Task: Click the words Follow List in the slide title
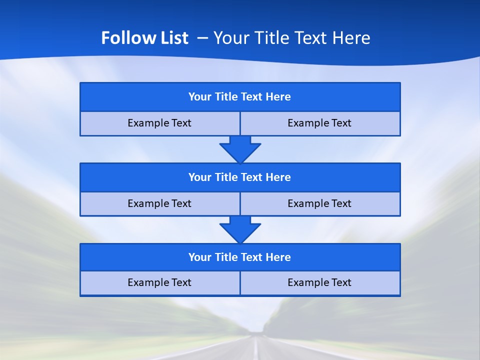tap(144, 38)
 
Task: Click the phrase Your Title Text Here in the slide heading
tap(291, 38)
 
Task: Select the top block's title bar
tap(240, 97)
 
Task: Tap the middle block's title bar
tap(240, 177)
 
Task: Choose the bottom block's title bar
tap(240, 257)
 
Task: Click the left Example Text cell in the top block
tap(159, 123)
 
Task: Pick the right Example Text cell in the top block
tap(320, 123)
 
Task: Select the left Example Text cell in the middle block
tap(159, 204)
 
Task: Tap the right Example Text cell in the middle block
tap(320, 204)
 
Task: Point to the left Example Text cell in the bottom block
tap(159, 283)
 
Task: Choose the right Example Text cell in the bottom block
tap(320, 283)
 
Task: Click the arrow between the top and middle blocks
tap(240, 149)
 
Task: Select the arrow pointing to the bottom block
tap(240, 229)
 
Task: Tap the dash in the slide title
tap(202, 38)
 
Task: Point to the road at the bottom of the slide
tap(256, 347)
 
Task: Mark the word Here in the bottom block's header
tap(278, 257)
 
